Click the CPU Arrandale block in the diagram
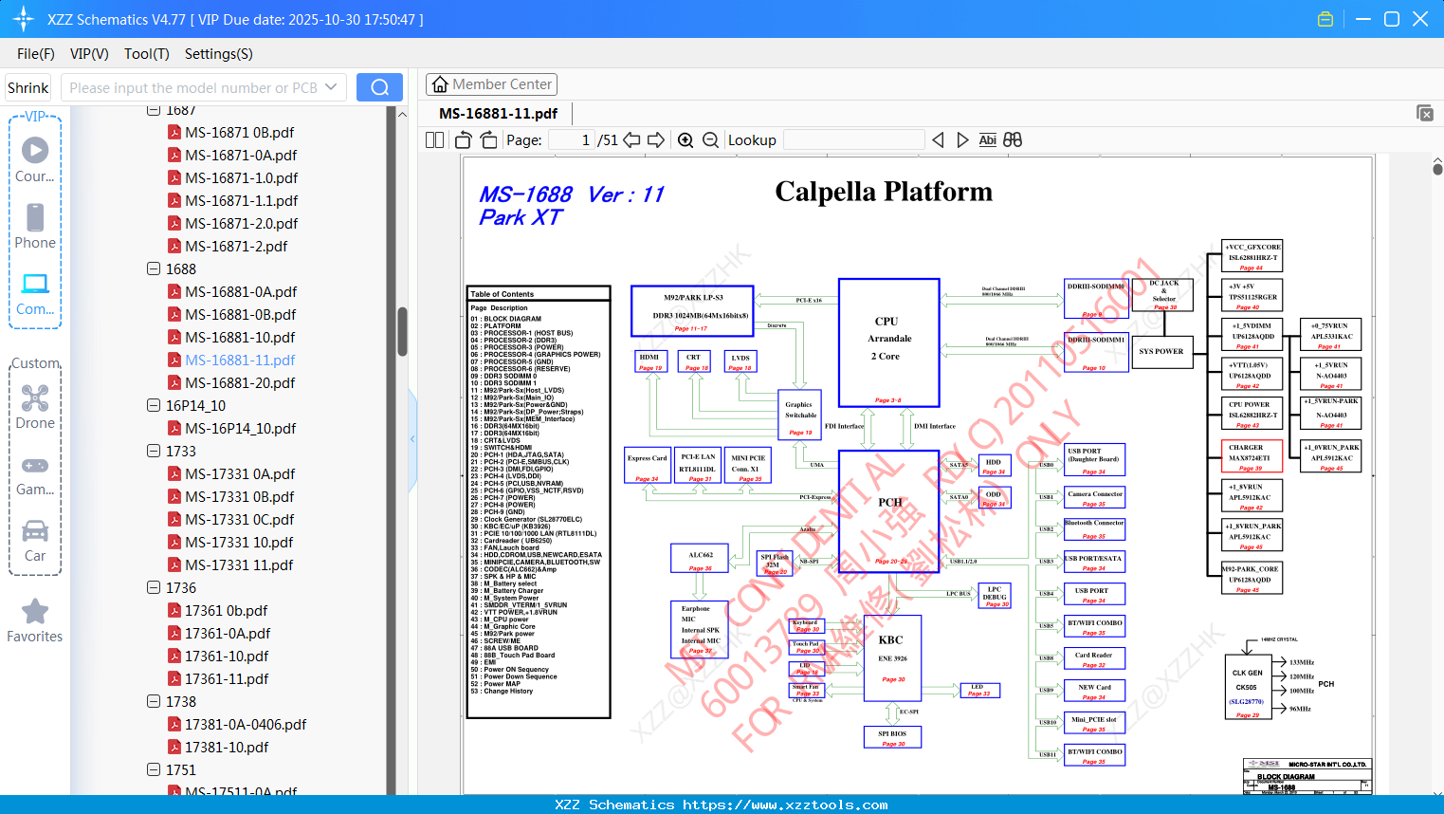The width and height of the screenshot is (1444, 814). pos(888,342)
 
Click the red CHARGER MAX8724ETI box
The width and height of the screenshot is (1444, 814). pos(1252,456)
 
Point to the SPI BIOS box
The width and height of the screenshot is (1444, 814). pos(892,737)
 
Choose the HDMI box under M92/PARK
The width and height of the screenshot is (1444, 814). pos(649,361)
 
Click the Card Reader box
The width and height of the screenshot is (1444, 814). pos(1094,658)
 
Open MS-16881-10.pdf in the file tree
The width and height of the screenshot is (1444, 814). pos(240,338)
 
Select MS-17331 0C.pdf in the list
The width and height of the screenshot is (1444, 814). pos(239,520)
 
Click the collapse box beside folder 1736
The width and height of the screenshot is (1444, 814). pos(154,587)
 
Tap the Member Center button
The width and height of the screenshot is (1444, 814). pos(491,84)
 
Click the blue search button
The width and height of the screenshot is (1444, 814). pos(379,87)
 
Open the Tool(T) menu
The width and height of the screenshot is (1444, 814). pos(147,54)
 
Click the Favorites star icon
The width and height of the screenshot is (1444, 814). pos(35,612)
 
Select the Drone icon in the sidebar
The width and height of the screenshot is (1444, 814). pos(35,398)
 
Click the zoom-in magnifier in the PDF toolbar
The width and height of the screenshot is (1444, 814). pos(685,140)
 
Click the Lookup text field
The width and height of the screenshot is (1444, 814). pos(853,140)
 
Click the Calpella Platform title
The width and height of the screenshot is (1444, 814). pos(884,192)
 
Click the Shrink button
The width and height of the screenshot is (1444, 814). pos(28,87)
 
